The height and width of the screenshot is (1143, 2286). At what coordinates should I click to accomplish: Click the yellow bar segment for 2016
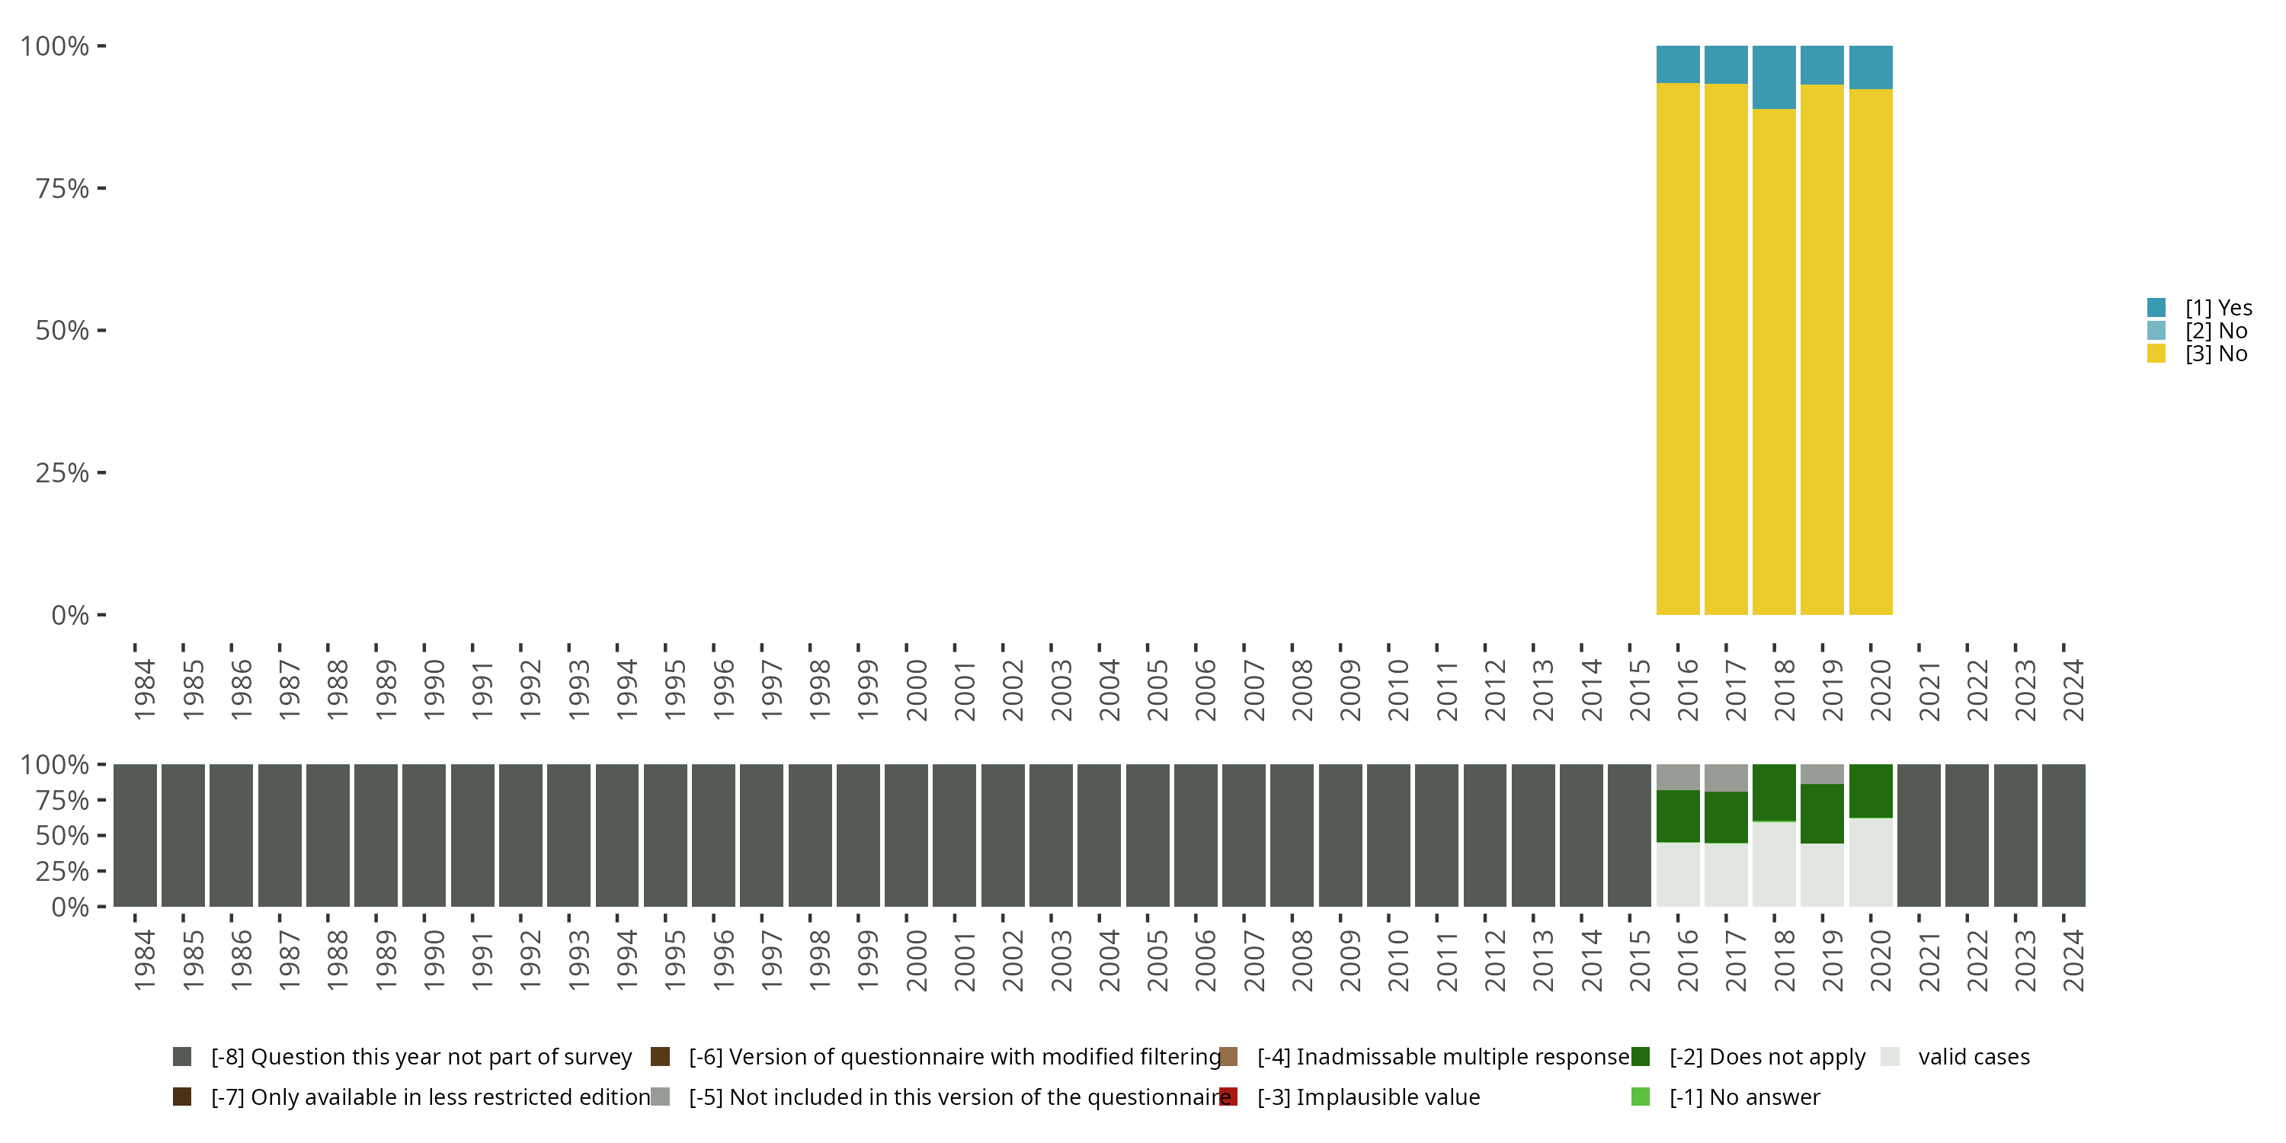click(1677, 348)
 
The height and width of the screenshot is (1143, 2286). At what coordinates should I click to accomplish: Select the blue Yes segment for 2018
click(1774, 77)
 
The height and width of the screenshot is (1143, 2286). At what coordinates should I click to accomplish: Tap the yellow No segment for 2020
click(1871, 351)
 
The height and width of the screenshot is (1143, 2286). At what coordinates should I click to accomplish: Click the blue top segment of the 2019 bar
click(1822, 65)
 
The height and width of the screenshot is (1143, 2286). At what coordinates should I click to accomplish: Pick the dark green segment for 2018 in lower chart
click(1774, 792)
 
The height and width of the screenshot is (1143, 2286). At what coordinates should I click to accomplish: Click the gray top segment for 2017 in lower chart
click(1726, 777)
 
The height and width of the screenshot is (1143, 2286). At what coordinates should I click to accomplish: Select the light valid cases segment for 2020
click(1871, 862)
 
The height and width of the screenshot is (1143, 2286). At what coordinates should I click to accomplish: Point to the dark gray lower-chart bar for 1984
click(135, 835)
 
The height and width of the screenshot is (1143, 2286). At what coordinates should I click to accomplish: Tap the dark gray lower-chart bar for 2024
click(2063, 835)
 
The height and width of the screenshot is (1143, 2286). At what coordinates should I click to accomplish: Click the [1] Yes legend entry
click(2217, 308)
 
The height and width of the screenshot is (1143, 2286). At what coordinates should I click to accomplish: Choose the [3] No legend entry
click(2216, 354)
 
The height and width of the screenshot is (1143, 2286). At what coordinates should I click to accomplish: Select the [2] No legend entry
click(2216, 331)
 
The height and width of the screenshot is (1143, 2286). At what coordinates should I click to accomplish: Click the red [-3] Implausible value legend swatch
click(1228, 1097)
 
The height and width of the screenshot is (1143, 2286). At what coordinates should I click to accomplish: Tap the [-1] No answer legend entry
click(1743, 1097)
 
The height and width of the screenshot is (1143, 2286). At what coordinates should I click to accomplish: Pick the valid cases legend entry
click(1973, 1057)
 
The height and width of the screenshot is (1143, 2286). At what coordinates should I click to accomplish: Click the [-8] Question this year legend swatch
click(182, 1057)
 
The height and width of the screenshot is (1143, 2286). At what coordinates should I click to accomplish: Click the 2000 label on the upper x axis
click(916, 690)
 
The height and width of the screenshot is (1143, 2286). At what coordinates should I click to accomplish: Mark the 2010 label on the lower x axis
click(1398, 960)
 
